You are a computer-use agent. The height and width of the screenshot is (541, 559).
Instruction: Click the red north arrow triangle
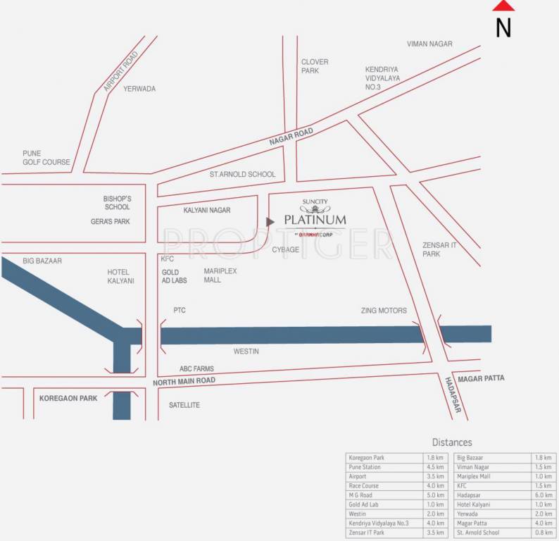tap(503, 6)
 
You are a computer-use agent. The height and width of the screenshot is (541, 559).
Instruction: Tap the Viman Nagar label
tap(429, 44)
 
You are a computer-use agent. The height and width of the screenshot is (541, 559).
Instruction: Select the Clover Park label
tap(315, 66)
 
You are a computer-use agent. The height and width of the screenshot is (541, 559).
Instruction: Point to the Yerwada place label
tap(139, 89)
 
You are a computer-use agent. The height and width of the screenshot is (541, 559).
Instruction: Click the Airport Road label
tap(120, 72)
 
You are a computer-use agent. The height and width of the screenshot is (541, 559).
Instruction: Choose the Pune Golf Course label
tap(46, 158)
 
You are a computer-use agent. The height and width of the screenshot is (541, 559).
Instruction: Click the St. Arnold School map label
tap(242, 174)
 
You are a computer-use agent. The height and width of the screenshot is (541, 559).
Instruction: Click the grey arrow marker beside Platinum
tap(270, 222)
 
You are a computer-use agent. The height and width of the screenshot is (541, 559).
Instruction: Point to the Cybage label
tap(286, 249)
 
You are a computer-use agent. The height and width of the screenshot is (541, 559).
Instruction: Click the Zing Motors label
tap(384, 310)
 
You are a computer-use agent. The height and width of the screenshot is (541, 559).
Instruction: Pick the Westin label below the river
tap(246, 351)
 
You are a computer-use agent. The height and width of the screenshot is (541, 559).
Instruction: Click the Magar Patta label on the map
tap(481, 379)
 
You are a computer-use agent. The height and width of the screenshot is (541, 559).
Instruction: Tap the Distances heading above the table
tap(452, 442)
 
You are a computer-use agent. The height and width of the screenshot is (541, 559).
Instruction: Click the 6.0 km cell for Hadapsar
tap(543, 495)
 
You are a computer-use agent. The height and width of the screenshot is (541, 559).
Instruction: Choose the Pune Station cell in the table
tap(365, 467)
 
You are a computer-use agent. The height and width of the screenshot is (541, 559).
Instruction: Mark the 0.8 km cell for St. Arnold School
tap(543, 533)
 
